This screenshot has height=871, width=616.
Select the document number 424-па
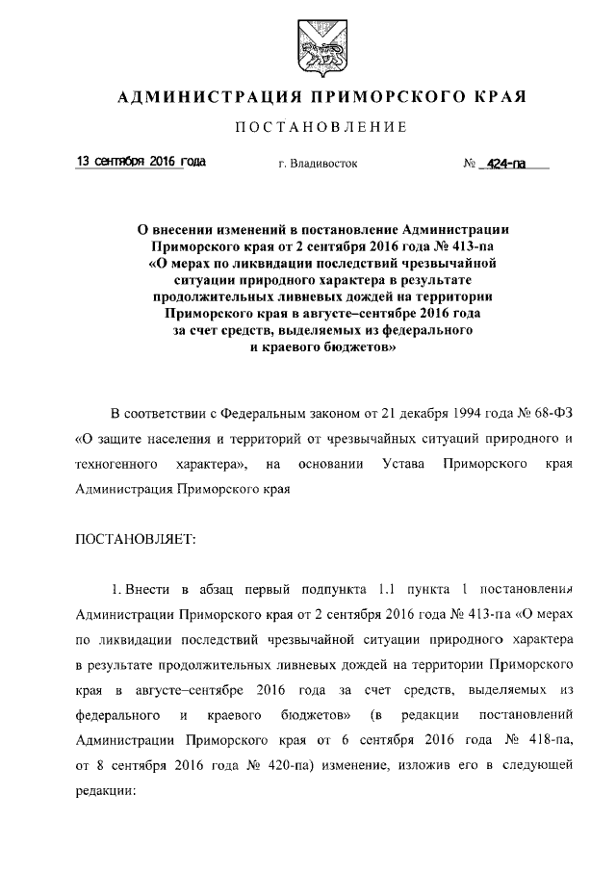[x=505, y=165]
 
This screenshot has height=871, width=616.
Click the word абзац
[x=201, y=589]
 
